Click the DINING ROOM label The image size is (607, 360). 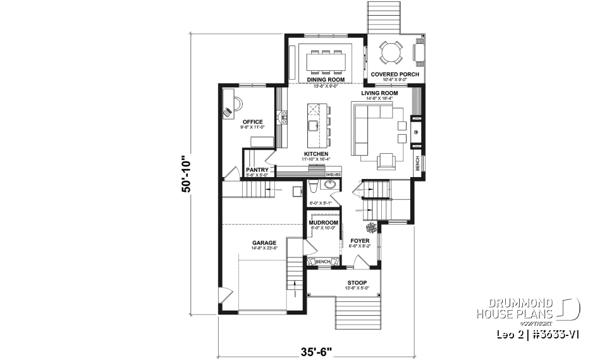tap(326, 80)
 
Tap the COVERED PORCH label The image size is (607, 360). tap(395, 75)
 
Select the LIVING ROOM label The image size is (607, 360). tap(379, 93)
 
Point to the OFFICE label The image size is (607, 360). tap(252, 122)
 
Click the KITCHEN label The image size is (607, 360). tap(316, 154)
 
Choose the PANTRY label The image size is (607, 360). tap(257, 170)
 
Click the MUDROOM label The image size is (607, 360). tap(323, 223)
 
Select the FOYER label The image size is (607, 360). tap(359, 242)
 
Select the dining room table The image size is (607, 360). tap(326, 61)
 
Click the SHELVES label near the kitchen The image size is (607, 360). tap(333, 174)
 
